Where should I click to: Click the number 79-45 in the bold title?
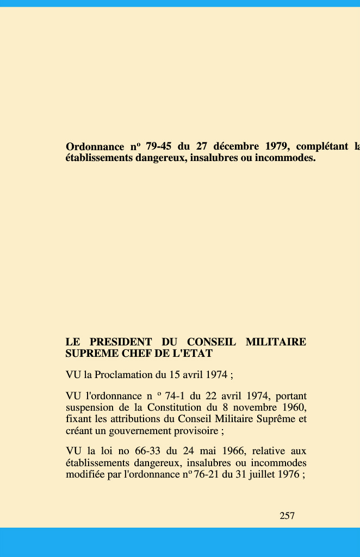(x=159, y=147)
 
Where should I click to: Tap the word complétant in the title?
(x=322, y=147)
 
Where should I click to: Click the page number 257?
(x=287, y=516)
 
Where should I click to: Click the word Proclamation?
(x=123, y=375)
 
